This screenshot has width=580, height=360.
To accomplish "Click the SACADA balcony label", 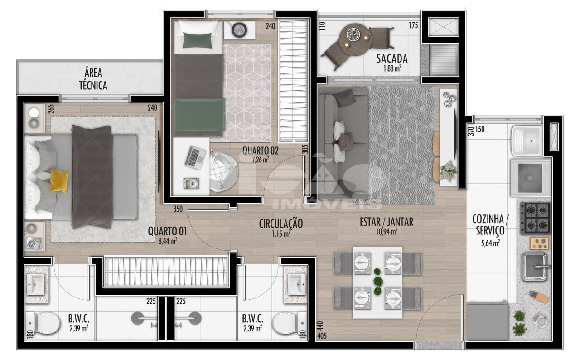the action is pyautogui.click(x=392, y=58).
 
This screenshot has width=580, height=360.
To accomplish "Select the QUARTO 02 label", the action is pyautogui.click(x=260, y=151).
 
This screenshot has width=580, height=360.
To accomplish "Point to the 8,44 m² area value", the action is pyautogui.click(x=168, y=241).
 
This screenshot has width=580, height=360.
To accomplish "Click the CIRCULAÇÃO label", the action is pyautogui.click(x=281, y=224).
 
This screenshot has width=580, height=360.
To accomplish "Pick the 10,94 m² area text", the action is pyautogui.click(x=387, y=232).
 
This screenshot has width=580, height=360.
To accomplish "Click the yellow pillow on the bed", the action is pyautogui.click(x=59, y=181).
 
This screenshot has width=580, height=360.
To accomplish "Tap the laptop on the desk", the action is pyautogui.click(x=195, y=158).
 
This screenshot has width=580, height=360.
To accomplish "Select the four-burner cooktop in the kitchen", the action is pyautogui.click(x=535, y=218).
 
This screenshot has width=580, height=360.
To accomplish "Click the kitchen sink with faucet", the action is pyautogui.click(x=535, y=267).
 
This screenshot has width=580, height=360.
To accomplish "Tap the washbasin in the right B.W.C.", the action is pyautogui.click(x=297, y=284).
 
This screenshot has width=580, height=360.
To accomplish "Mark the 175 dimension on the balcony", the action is pyautogui.click(x=413, y=25).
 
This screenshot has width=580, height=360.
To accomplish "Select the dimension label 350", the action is pyautogui.click(x=178, y=209).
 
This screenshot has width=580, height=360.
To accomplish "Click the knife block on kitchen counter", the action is pyautogui.click(x=539, y=296).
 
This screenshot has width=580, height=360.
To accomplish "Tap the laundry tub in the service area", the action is pyautogui.click(x=527, y=141).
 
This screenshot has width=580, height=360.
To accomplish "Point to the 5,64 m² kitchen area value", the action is pyautogui.click(x=490, y=243).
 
